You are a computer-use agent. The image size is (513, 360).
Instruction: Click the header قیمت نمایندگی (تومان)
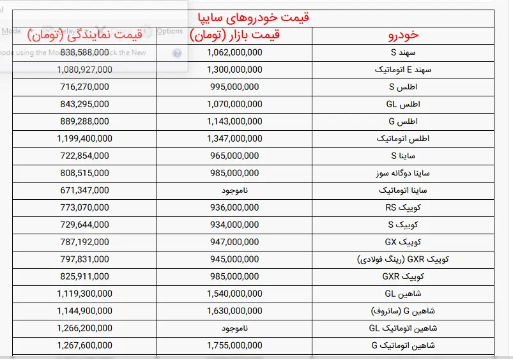84,35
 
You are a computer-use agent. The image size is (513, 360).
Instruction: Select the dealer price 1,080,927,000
84,70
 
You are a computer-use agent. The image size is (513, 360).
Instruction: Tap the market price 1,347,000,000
234,139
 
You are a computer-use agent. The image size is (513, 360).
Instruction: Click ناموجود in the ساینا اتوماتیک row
234,190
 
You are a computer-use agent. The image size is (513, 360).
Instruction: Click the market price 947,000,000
233,242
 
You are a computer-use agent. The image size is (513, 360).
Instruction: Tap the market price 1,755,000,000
234,345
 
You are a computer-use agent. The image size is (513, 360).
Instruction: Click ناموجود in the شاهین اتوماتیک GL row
234,328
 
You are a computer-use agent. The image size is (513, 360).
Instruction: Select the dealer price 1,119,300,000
84,294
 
